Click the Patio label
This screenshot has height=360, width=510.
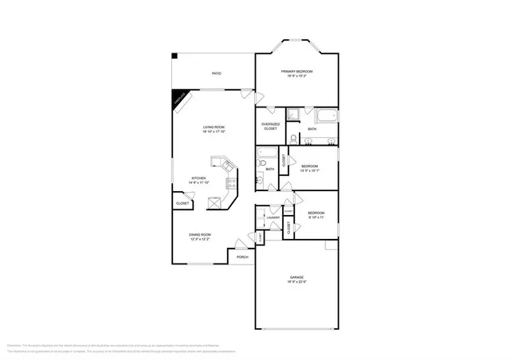216,73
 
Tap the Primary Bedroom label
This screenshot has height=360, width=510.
296,73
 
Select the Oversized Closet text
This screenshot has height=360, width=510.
270,126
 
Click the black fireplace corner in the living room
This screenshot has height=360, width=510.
179,98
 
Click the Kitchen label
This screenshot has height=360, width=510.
198,179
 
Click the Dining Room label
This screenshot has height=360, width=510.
199,235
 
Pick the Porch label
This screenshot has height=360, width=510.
242,256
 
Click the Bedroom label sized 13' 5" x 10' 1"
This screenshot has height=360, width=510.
309,168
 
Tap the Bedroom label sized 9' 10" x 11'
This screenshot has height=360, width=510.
316,214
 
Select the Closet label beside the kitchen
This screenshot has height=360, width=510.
182,203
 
